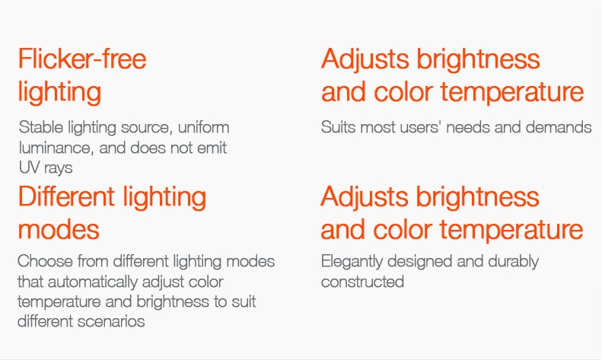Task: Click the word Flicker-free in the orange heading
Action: pos(82,59)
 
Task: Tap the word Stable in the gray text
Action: pos(40,127)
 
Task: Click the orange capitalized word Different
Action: pos(66,197)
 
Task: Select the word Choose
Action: pos(45,261)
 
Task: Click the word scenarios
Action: pos(113,322)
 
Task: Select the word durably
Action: pos(513,262)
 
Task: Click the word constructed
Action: pos(362,282)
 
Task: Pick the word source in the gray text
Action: pos(146,128)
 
